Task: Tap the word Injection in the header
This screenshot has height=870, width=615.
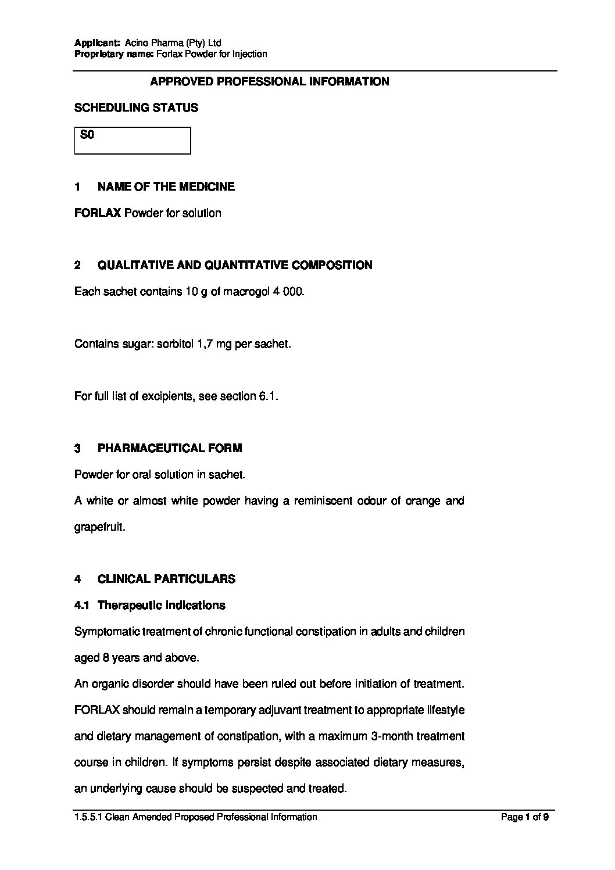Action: tap(249, 54)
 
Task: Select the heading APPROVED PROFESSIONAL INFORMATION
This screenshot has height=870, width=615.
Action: tap(270, 82)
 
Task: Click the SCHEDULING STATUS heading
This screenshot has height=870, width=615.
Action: tap(136, 108)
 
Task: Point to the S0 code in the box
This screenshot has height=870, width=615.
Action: tap(87, 135)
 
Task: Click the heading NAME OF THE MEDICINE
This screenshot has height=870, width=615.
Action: tap(166, 187)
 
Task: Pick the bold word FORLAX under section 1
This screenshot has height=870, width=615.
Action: tap(98, 213)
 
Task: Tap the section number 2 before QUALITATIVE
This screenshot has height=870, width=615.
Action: tap(78, 266)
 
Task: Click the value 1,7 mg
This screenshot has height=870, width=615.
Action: tap(232, 344)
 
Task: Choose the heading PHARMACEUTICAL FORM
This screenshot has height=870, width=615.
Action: tap(170, 449)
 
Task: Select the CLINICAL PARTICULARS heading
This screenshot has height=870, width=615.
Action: tap(166, 579)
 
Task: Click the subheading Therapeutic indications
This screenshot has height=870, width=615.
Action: tap(161, 606)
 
